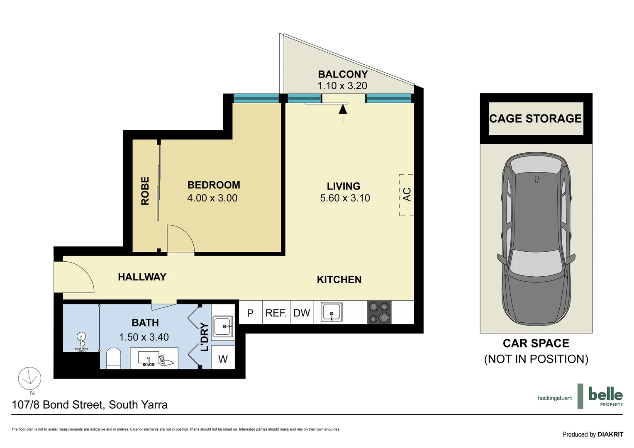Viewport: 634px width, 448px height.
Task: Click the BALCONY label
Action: pos(343,74)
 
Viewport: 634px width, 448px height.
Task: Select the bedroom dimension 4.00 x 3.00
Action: pos(212,198)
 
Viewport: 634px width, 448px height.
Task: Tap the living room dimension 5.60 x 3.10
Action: pos(345,198)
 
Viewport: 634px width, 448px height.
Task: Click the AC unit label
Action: pos(407,194)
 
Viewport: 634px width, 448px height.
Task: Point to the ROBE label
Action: pos(145,191)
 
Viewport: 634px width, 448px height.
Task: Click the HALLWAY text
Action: pos(142,277)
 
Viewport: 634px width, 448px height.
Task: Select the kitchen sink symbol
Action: pos(332,312)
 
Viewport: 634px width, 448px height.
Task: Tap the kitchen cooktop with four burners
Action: pos(379,312)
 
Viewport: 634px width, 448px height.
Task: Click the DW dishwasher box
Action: pos(302,313)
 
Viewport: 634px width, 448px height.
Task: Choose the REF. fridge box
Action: pos(276,313)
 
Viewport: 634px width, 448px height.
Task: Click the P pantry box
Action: pos(250,313)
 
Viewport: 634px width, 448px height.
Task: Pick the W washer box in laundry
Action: pos(223,359)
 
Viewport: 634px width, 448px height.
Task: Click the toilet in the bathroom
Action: pos(114,358)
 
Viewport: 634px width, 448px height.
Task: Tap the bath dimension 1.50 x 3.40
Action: pos(144,337)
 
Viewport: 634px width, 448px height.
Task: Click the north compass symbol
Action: pos(29,378)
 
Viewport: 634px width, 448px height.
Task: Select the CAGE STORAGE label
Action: pos(535,119)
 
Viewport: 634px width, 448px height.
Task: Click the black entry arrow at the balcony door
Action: pos(343,110)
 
